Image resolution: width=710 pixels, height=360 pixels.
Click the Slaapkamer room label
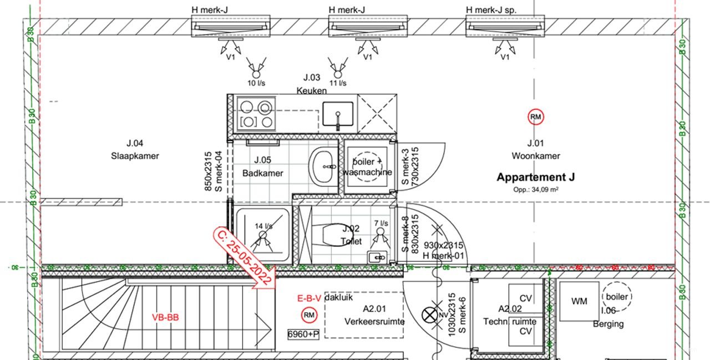(134, 156)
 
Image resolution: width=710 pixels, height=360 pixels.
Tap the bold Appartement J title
(535, 178)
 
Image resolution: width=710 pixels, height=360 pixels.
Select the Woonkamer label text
(535, 156)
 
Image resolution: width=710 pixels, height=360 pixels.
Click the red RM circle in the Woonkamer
(536, 117)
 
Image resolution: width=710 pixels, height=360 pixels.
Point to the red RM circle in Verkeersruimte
(308, 316)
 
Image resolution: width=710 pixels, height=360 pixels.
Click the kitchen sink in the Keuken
(337, 113)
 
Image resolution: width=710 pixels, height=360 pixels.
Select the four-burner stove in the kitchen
(256, 113)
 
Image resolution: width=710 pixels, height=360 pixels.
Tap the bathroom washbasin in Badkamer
(324, 166)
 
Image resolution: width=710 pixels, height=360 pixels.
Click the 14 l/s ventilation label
(263, 226)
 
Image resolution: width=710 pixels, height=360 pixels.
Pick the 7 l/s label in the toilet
(381, 223)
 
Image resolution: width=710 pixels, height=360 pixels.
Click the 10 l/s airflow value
(256, 83)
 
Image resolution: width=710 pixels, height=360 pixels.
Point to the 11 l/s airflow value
(337, 83)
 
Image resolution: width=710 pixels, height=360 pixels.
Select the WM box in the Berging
(579, 301)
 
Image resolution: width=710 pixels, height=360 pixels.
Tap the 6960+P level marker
(303, 334)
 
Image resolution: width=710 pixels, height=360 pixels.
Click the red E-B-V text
(309, 298)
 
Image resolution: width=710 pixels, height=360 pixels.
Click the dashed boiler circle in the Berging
(617, 297)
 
